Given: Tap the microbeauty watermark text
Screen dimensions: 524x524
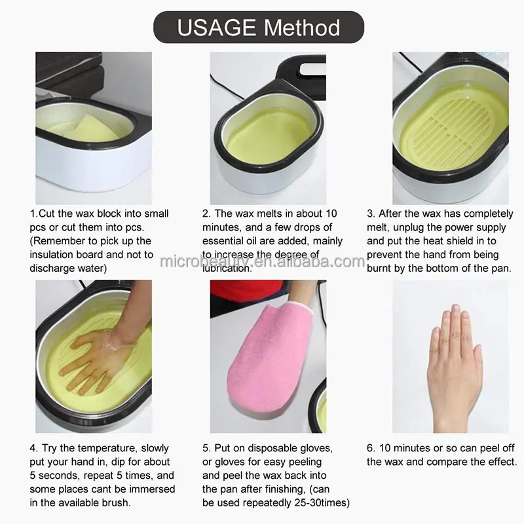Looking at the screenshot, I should pos(262,261).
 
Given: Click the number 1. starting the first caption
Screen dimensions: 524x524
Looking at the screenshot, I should pos(33,214).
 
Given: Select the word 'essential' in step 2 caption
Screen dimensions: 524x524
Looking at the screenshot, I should pos(228,240).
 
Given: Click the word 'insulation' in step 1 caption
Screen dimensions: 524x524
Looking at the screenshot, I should pos(53,254).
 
